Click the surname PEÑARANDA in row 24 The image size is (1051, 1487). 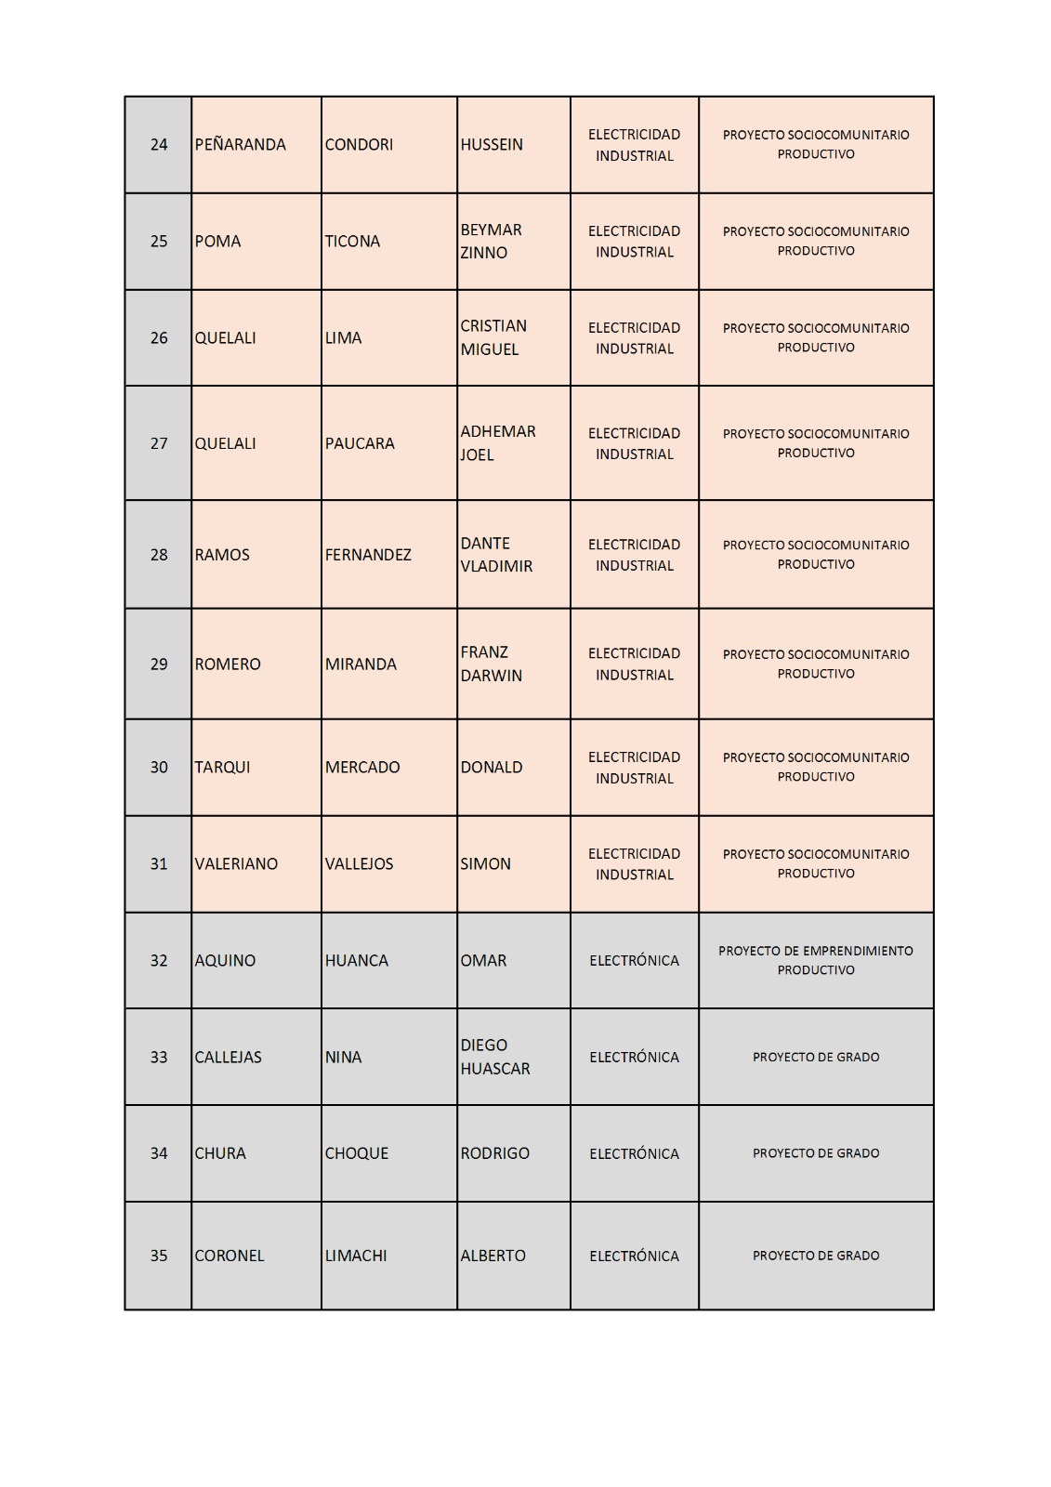(x=240, y=145)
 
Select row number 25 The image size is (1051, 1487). (x=159, y=242)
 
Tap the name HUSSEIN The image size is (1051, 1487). (x=492, y=145)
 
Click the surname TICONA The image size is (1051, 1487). (x=352, y=242)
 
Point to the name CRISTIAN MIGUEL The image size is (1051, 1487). (x=493, y=337)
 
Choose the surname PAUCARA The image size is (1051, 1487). (x=360, y=443)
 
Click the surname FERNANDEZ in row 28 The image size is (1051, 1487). (x=368, y=555)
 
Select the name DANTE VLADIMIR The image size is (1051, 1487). (x=496, y=555)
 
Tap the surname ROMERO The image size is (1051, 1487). (x=228, y=665)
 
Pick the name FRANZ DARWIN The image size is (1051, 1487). (x=491, y=664)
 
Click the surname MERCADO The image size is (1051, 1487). (x=362, y=768)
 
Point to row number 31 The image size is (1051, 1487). (x=159, y=864)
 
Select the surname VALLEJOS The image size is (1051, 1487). (x=359, y=864)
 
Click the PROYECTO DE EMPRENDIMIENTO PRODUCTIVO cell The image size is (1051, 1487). (x=815, y=960)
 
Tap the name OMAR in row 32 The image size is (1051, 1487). (x=483, y=961)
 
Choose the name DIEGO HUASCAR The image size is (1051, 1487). (x=494, y=1057)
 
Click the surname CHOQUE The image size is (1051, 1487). (x=357, y=1153)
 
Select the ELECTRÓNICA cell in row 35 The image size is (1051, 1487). (x=634, y=1256)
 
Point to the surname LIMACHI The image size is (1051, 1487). (x=356, y=1256)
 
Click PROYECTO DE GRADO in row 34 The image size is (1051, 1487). (x=815, y=1153)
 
